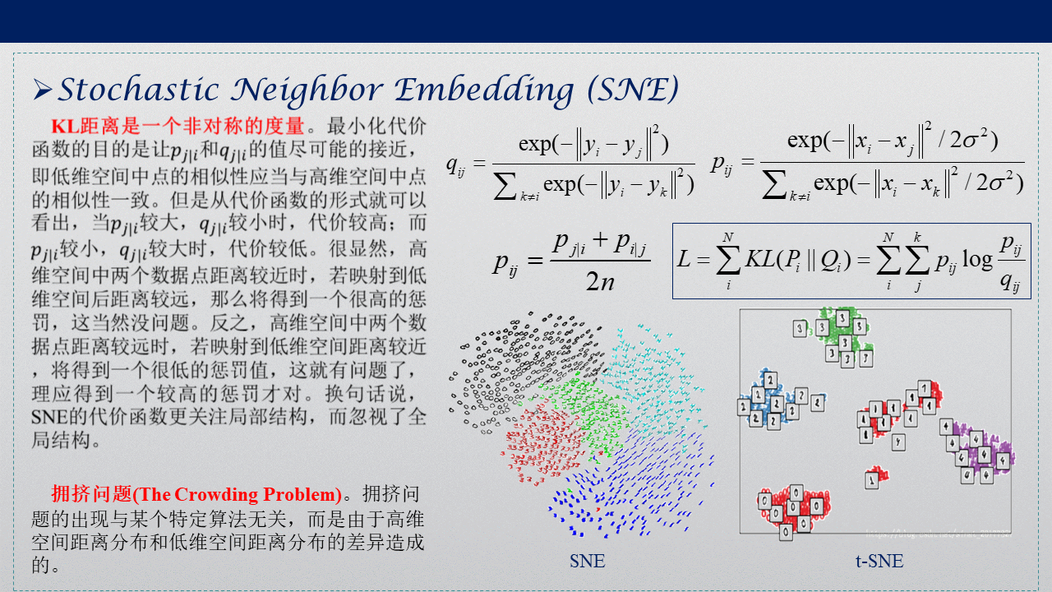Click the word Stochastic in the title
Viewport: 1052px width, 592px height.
(x=139, y=90)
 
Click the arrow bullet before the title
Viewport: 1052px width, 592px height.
(x=43, y=88)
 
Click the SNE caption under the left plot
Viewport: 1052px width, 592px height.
(x=587, y=562)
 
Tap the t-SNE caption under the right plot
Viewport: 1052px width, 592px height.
(x=879, y=562)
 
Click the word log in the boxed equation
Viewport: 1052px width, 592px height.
(x=977, y=260)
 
